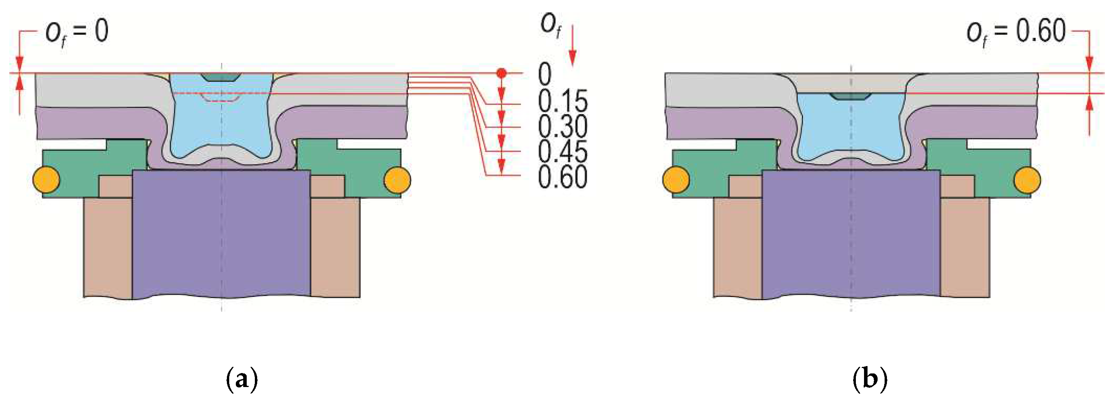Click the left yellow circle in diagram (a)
coord(46,179)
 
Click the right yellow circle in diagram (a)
coord(397,179)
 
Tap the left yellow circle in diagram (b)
coord(676,179)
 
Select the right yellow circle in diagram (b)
coord(1027,179)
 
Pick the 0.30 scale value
coord(563,126)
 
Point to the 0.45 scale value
coord(563,151)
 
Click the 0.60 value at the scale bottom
coord(563,177)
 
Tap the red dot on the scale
coord(501,73)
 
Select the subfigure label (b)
coord(870,379)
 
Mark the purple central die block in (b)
coord(851,234)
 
